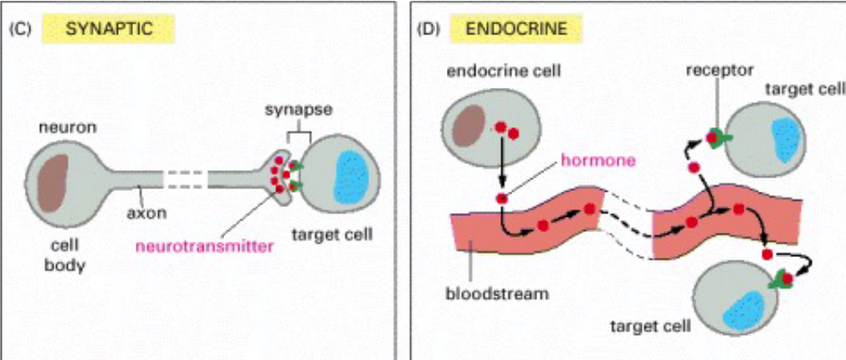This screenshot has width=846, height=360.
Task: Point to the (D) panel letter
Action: (427, 28)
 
